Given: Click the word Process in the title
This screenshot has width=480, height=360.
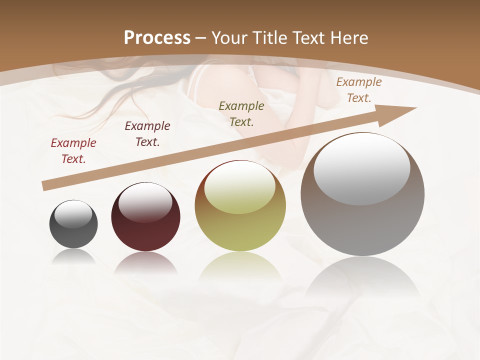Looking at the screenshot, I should pos(157,38).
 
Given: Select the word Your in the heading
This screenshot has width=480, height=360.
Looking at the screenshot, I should pos(230,38).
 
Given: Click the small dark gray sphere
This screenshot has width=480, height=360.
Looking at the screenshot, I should pos(73,224).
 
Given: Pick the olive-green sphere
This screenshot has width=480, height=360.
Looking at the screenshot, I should pos(240,206).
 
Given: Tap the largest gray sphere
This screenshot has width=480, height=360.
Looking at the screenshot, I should pos(362,194).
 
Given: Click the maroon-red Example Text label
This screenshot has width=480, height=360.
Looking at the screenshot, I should pos(73,151).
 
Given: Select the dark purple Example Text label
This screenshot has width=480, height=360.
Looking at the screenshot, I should pos(147,134).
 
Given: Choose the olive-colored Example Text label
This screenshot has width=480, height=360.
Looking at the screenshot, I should pos(241,113).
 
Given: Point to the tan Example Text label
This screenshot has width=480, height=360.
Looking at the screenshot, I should pos(359,90).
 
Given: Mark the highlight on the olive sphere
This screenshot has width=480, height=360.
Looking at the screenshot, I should pos(240,188).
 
